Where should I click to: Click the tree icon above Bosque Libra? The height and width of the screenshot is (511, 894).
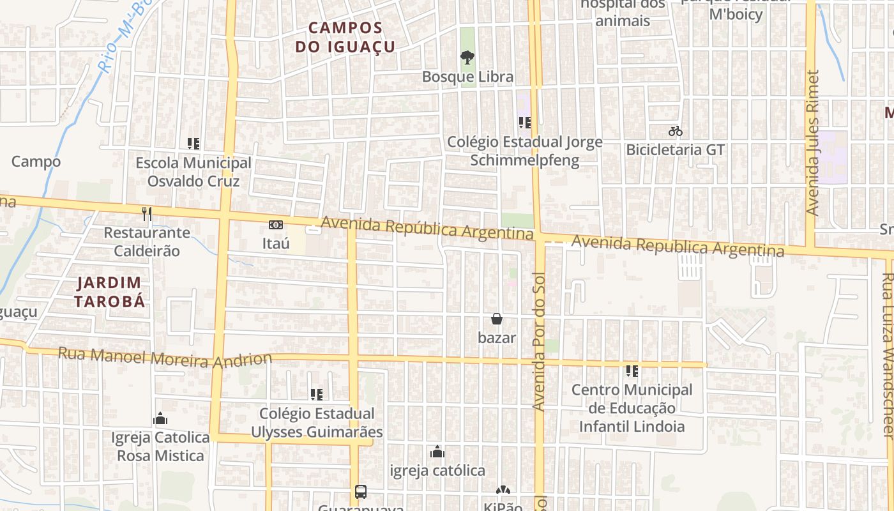(x=467, y=57)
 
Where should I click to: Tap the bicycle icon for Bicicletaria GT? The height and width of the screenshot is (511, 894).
(x=676, y=132)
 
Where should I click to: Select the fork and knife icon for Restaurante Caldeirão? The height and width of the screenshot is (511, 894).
(x=148, y=213)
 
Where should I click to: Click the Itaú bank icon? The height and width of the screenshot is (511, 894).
(x=276, y=225)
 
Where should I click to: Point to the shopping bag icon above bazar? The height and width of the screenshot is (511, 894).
(x=497, y=319)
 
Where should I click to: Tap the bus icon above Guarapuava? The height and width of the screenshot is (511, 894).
(x=361, y=492)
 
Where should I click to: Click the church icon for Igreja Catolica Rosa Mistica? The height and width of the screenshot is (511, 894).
(x=160, y=419)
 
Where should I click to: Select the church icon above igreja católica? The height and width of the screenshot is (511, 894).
(x=437, y=452)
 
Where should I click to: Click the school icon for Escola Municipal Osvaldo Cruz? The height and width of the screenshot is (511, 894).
(x=193, y=144)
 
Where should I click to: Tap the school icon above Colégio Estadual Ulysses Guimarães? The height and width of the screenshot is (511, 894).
(x=316, y=395)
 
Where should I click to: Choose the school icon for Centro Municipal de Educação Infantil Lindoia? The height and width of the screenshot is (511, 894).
(x=632, y=371)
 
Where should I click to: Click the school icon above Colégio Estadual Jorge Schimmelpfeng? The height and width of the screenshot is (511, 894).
(x=525, y=123)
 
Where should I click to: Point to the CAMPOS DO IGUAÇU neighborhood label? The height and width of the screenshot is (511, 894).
(x=345, y=37)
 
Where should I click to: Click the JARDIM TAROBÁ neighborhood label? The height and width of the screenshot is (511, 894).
(x=110, y=292)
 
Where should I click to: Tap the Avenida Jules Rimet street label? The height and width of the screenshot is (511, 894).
(x=812, y=142)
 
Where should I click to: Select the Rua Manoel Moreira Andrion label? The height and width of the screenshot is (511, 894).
(x=174, y=358)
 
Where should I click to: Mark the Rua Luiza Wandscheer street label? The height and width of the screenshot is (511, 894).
(x=888, y=355)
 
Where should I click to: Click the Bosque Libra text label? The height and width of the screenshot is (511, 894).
(x=467, y=77)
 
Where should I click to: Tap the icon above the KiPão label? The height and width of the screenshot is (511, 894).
(x=503, y=491)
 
